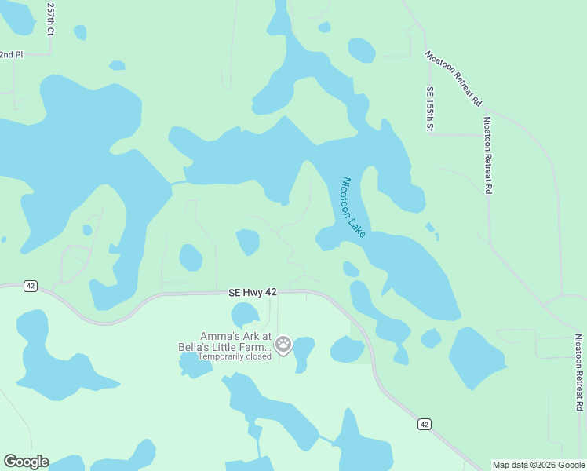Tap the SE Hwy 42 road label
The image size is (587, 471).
coord(253,292)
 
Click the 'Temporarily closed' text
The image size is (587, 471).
coord(234,356)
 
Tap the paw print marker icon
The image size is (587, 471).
coord(283,344)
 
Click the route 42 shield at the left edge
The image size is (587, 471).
coord(30,286)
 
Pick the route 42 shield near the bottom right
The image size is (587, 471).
coord(424,424)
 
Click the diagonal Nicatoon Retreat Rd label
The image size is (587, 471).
coord(453,78)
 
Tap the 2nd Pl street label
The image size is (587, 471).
coord(12,54)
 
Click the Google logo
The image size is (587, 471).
coord(26,462)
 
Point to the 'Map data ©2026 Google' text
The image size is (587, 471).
coord(538,465)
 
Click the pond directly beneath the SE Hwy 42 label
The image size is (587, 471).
coord(245,315)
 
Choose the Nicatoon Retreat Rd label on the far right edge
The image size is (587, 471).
coord(578,372)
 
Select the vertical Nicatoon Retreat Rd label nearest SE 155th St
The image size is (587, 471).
coord(487,155)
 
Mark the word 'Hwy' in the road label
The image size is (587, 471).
coord(253,292)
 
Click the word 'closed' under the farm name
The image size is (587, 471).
coord(257,356)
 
